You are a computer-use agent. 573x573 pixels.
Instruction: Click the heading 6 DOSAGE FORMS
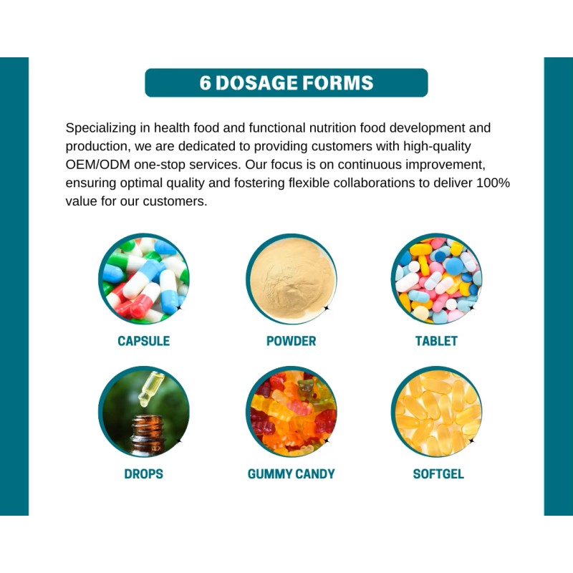(x=286, y=82)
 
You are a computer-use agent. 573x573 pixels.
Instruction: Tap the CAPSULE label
(x=144, y=341)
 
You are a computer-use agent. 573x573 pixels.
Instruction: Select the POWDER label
(x=291, y=341)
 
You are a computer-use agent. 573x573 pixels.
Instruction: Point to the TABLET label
(x=436, y=341)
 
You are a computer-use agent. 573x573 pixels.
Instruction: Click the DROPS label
(x=143, y=473)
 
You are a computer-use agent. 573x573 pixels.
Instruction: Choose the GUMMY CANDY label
(x=291, y=473)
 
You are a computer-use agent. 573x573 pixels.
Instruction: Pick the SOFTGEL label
(x=438, y=473)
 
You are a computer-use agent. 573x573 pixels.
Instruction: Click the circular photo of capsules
(x=144, y=279)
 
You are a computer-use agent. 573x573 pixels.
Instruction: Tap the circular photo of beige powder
(x=291, y=279)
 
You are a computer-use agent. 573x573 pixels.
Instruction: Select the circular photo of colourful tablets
(x=436, y=279)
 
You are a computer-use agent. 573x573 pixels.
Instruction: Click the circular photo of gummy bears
(x=291, y=412)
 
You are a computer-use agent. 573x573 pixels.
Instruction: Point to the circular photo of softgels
(x=436, y=412)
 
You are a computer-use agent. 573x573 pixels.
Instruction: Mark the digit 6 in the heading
(x=206, y=82)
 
